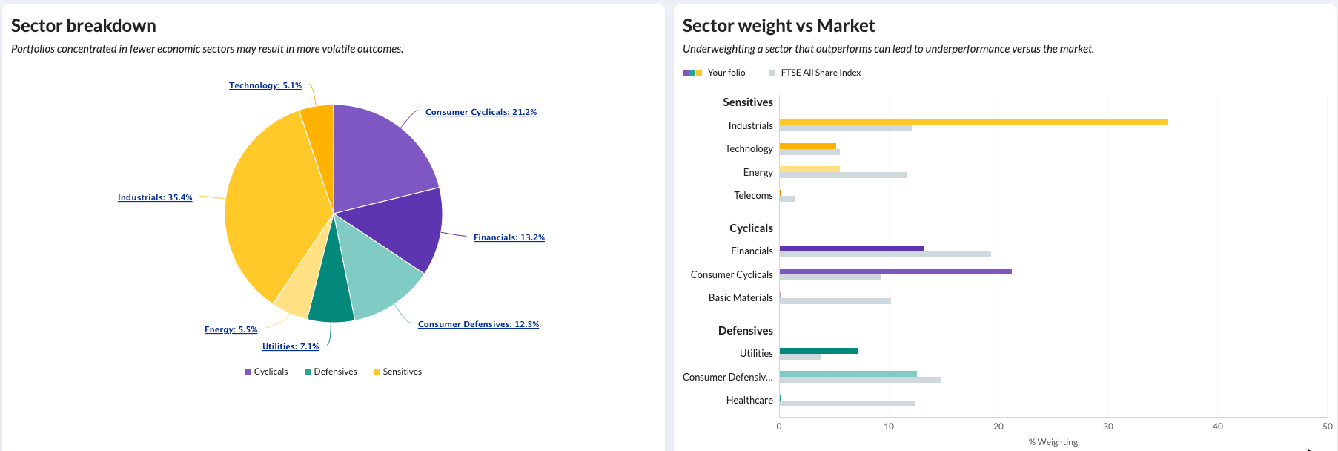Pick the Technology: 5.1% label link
[x=265, y=86]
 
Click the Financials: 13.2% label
[x=509, y=238]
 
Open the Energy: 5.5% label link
[x=231, y=330]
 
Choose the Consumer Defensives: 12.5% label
[x=478, y=325]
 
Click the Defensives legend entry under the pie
[x=331, y=372]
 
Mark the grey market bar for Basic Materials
[x=835, y=301]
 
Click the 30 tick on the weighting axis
[x=1107, y=427]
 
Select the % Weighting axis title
[x=1053, y=442]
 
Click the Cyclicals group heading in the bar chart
[x=750, y=228]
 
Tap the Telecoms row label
[x=753, y=196]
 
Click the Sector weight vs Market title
[x=778, y=26]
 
